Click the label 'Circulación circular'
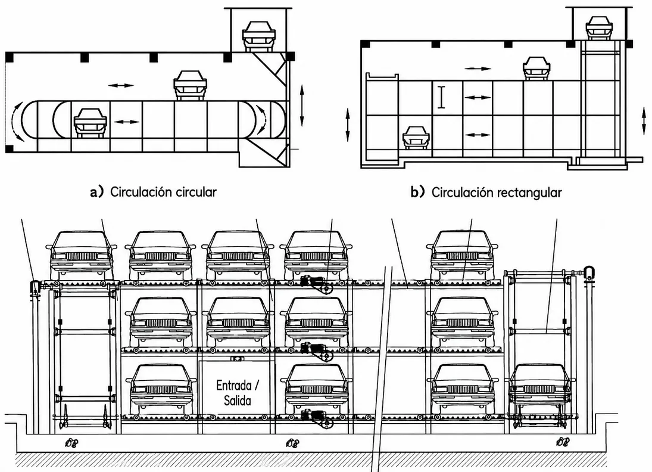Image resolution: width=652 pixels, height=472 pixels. coord(163,192)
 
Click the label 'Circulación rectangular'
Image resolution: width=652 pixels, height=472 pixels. coord(497,192)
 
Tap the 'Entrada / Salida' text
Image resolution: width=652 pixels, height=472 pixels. coord(238,393)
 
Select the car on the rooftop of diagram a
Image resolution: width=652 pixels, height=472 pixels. coord(258,36)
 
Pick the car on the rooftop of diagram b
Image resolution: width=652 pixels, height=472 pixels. coord(599,27)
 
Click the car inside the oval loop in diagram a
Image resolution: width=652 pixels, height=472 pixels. coord(91,123)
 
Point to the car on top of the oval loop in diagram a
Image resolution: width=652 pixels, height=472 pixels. coord(190,85)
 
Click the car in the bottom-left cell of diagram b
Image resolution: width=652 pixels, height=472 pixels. coord(416,137)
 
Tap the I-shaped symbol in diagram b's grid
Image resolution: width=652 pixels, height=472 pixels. coord(441,97)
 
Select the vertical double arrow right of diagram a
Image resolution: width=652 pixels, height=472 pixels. coord(302,105)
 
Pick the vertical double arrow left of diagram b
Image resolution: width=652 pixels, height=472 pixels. coord(348,124)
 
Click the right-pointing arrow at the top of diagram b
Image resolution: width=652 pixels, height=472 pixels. coord(478,69)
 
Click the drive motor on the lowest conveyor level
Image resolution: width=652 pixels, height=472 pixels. coord(317,418)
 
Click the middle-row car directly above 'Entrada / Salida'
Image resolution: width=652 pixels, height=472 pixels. coord(238,322)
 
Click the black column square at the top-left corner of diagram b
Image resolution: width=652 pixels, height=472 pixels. coord(364,44)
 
